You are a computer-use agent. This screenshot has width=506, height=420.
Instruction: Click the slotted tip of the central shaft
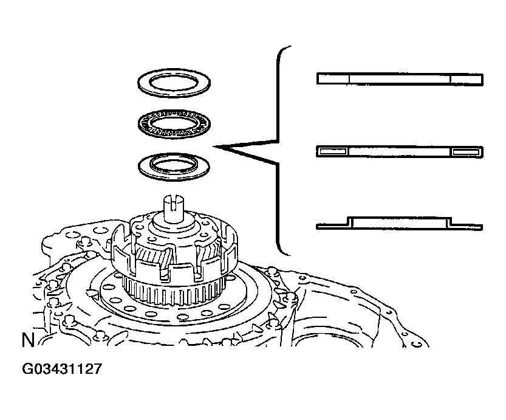[x=174, y=201]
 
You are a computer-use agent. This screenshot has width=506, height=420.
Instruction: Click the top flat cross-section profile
[x=400, y=79]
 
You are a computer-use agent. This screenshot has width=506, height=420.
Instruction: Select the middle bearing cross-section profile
[x=400, y=151]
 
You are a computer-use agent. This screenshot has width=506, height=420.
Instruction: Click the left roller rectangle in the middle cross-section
[x=332, y=151]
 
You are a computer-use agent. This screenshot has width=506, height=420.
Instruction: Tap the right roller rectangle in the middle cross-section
[x=467, y=151]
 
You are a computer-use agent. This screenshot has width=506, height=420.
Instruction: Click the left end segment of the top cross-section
[x=333, y=79]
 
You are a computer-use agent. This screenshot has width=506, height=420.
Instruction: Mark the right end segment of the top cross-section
[x=467, y=79]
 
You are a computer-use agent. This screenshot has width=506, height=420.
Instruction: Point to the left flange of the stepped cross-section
[x=331, y=227]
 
